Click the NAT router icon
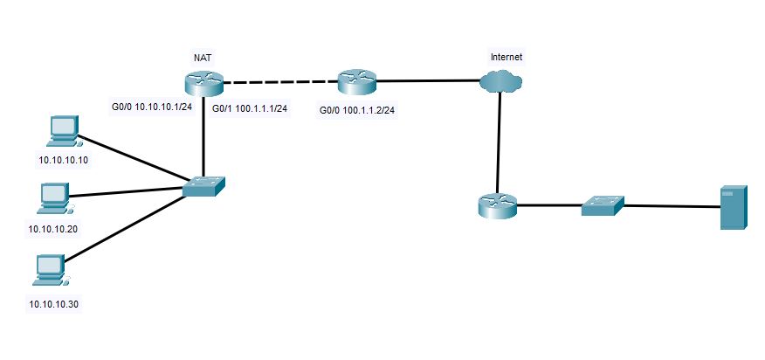[204, 83]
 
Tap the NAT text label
[202, 58]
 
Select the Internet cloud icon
[500, 81]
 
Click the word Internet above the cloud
[507, 58]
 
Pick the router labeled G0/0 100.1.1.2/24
[356, 83]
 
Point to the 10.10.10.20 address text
[52, 228]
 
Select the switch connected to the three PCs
[204, 186]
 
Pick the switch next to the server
[603, 205]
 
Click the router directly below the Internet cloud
[498, 205]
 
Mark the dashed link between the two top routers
[280, 83]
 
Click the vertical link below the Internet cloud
[499, 140]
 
